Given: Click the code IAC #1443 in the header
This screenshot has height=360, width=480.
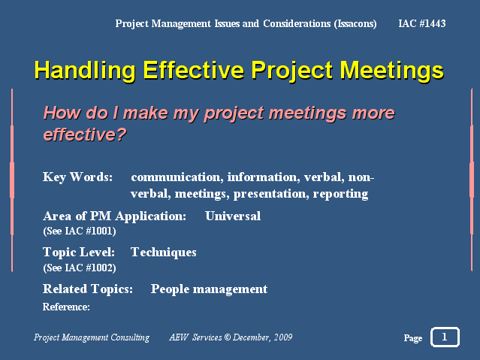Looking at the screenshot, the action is point(422,23).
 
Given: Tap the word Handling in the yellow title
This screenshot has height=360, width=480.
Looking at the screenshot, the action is point(85,71).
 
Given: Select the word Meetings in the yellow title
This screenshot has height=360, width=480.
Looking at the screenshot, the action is point(392,71).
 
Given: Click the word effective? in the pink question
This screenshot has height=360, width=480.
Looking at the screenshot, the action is point(84,135).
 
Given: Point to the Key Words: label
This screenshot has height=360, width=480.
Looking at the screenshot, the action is point(78,177).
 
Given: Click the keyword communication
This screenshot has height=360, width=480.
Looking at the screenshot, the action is point(177,177).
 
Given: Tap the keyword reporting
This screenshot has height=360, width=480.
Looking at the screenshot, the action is point(340,194).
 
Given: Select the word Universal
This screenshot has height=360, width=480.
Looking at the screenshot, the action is point(233,216).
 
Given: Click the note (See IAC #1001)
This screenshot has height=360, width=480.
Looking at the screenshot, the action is point(80,231).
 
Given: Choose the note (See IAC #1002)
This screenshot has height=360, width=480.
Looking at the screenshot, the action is point(80,268).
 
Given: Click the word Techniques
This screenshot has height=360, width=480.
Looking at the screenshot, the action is point(164,253).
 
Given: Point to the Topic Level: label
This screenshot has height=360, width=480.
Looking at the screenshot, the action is point(79,253).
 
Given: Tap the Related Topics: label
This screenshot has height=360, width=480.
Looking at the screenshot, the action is point(88,289).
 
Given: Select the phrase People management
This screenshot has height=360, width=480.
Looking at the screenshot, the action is point(209,289).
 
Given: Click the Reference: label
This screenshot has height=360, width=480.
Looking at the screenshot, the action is point(66,307).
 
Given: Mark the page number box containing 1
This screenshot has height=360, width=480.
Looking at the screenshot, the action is point(445,337).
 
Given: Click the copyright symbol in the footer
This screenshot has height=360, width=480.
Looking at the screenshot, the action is point(227,337).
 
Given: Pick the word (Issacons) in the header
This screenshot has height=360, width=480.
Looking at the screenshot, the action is point(355,24).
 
